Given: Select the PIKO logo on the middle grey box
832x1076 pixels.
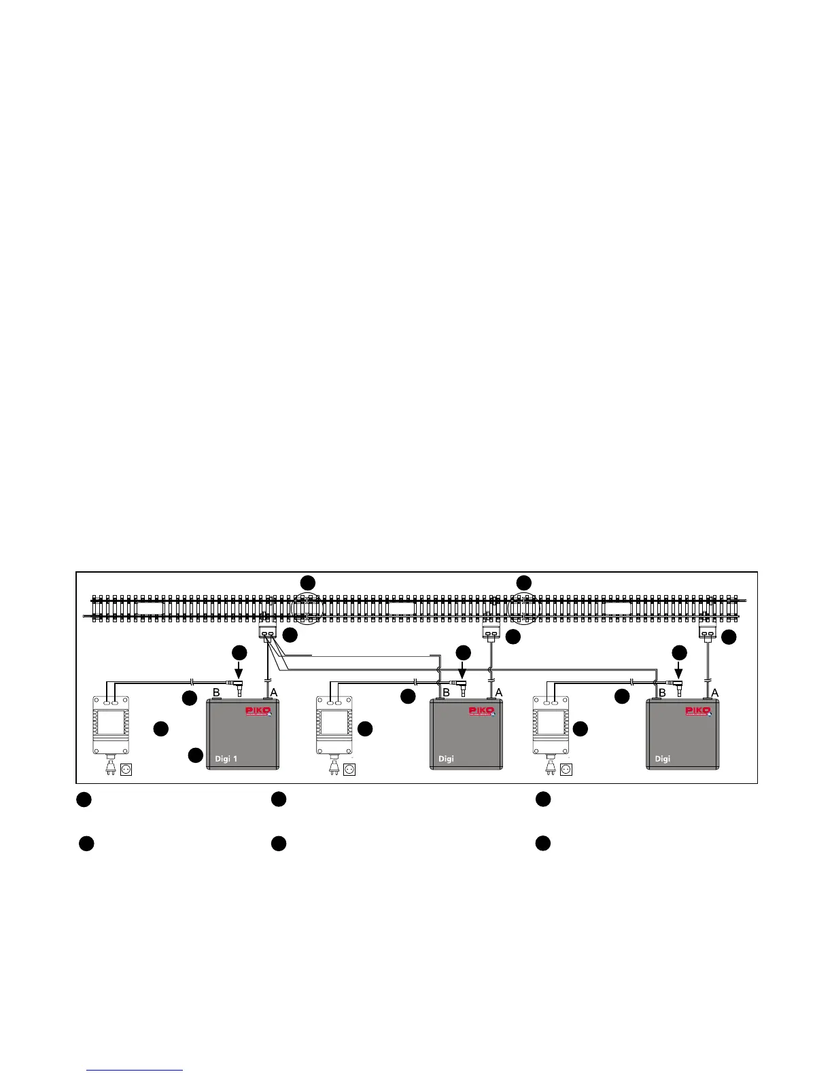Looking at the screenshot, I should tap(483, 711).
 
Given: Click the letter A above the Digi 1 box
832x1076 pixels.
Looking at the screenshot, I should tap(275, 692).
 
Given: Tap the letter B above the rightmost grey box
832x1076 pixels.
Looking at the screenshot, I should tap(661, 692).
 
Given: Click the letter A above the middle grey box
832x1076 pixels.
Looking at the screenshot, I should tap(498, 692).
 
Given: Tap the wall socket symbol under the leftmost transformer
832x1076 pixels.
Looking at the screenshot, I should tap(126, 770).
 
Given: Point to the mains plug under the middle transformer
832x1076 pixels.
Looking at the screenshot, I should tap(334, 769).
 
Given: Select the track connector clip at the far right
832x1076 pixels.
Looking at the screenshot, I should tap(708, 632).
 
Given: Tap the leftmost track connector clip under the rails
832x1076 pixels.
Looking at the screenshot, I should tap(268, 632).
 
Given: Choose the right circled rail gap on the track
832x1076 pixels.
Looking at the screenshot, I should tap(524, 607).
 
